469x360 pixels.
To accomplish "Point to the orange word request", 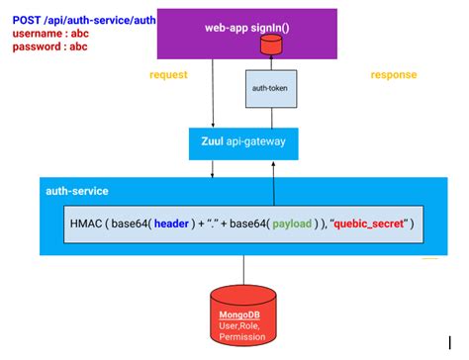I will (x=168, y=75).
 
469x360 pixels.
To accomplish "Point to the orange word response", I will (x=394, y=75).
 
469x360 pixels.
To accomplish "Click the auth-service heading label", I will (x=77, y=190).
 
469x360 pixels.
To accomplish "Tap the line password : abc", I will (x=49, y=45).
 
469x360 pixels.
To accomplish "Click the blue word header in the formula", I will (x=178, y=224).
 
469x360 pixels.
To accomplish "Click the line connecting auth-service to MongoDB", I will (x=244, y=270).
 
